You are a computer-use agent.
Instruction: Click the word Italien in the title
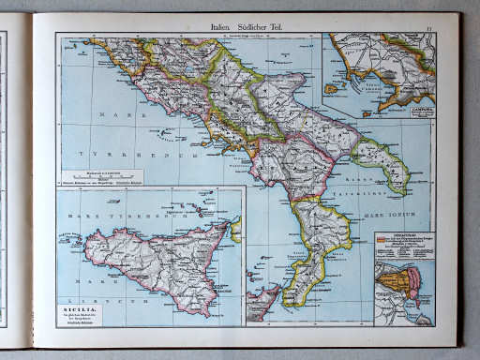(224, 28)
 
